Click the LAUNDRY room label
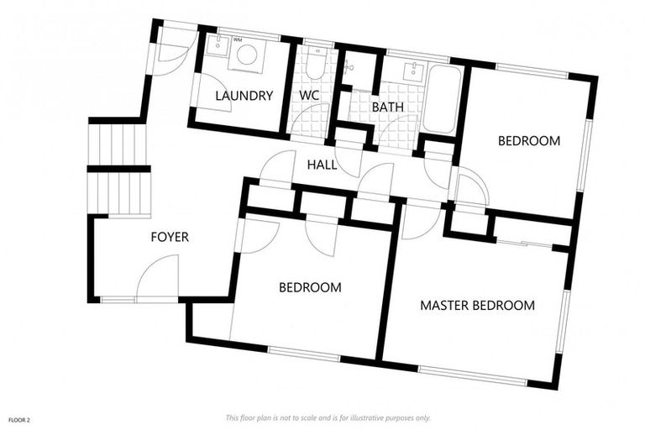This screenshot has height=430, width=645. point(244,96)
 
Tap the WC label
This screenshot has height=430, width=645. point(310,96)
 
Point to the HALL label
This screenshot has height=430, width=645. point(322,165)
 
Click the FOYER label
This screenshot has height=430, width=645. point(170,238)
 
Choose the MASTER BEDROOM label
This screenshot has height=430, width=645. point(477,305)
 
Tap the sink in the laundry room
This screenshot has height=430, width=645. point(217,46)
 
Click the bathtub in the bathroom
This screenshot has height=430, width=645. point(442,99)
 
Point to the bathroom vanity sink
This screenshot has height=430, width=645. point(412,71)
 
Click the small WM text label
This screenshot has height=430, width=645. point(237,39)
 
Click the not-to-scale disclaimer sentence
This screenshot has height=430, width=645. point(328,417)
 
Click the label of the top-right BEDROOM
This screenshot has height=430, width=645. point(528,141)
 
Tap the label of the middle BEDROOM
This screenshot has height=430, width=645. point(310,287)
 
